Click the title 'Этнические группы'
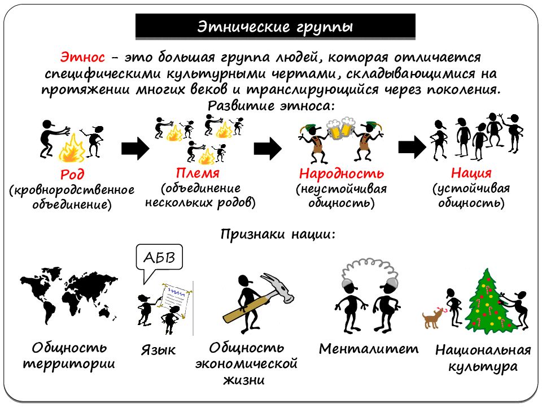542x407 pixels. [275, 27]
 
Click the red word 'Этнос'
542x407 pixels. [82, 57]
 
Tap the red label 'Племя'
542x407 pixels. [198, 173]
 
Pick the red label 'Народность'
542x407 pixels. [342, 174]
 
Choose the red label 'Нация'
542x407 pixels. [471, 172]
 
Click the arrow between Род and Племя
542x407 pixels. [135, 148]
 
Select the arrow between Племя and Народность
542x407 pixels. [268, 148]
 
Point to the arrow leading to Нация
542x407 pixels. [412, 148]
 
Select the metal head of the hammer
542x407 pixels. [278, 287]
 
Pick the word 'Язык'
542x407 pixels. [158, 350]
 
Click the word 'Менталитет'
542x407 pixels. [369, 349]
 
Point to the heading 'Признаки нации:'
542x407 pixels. [278, 234]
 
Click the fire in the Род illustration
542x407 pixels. [72, 149]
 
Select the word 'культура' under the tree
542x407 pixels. [483, 367]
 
